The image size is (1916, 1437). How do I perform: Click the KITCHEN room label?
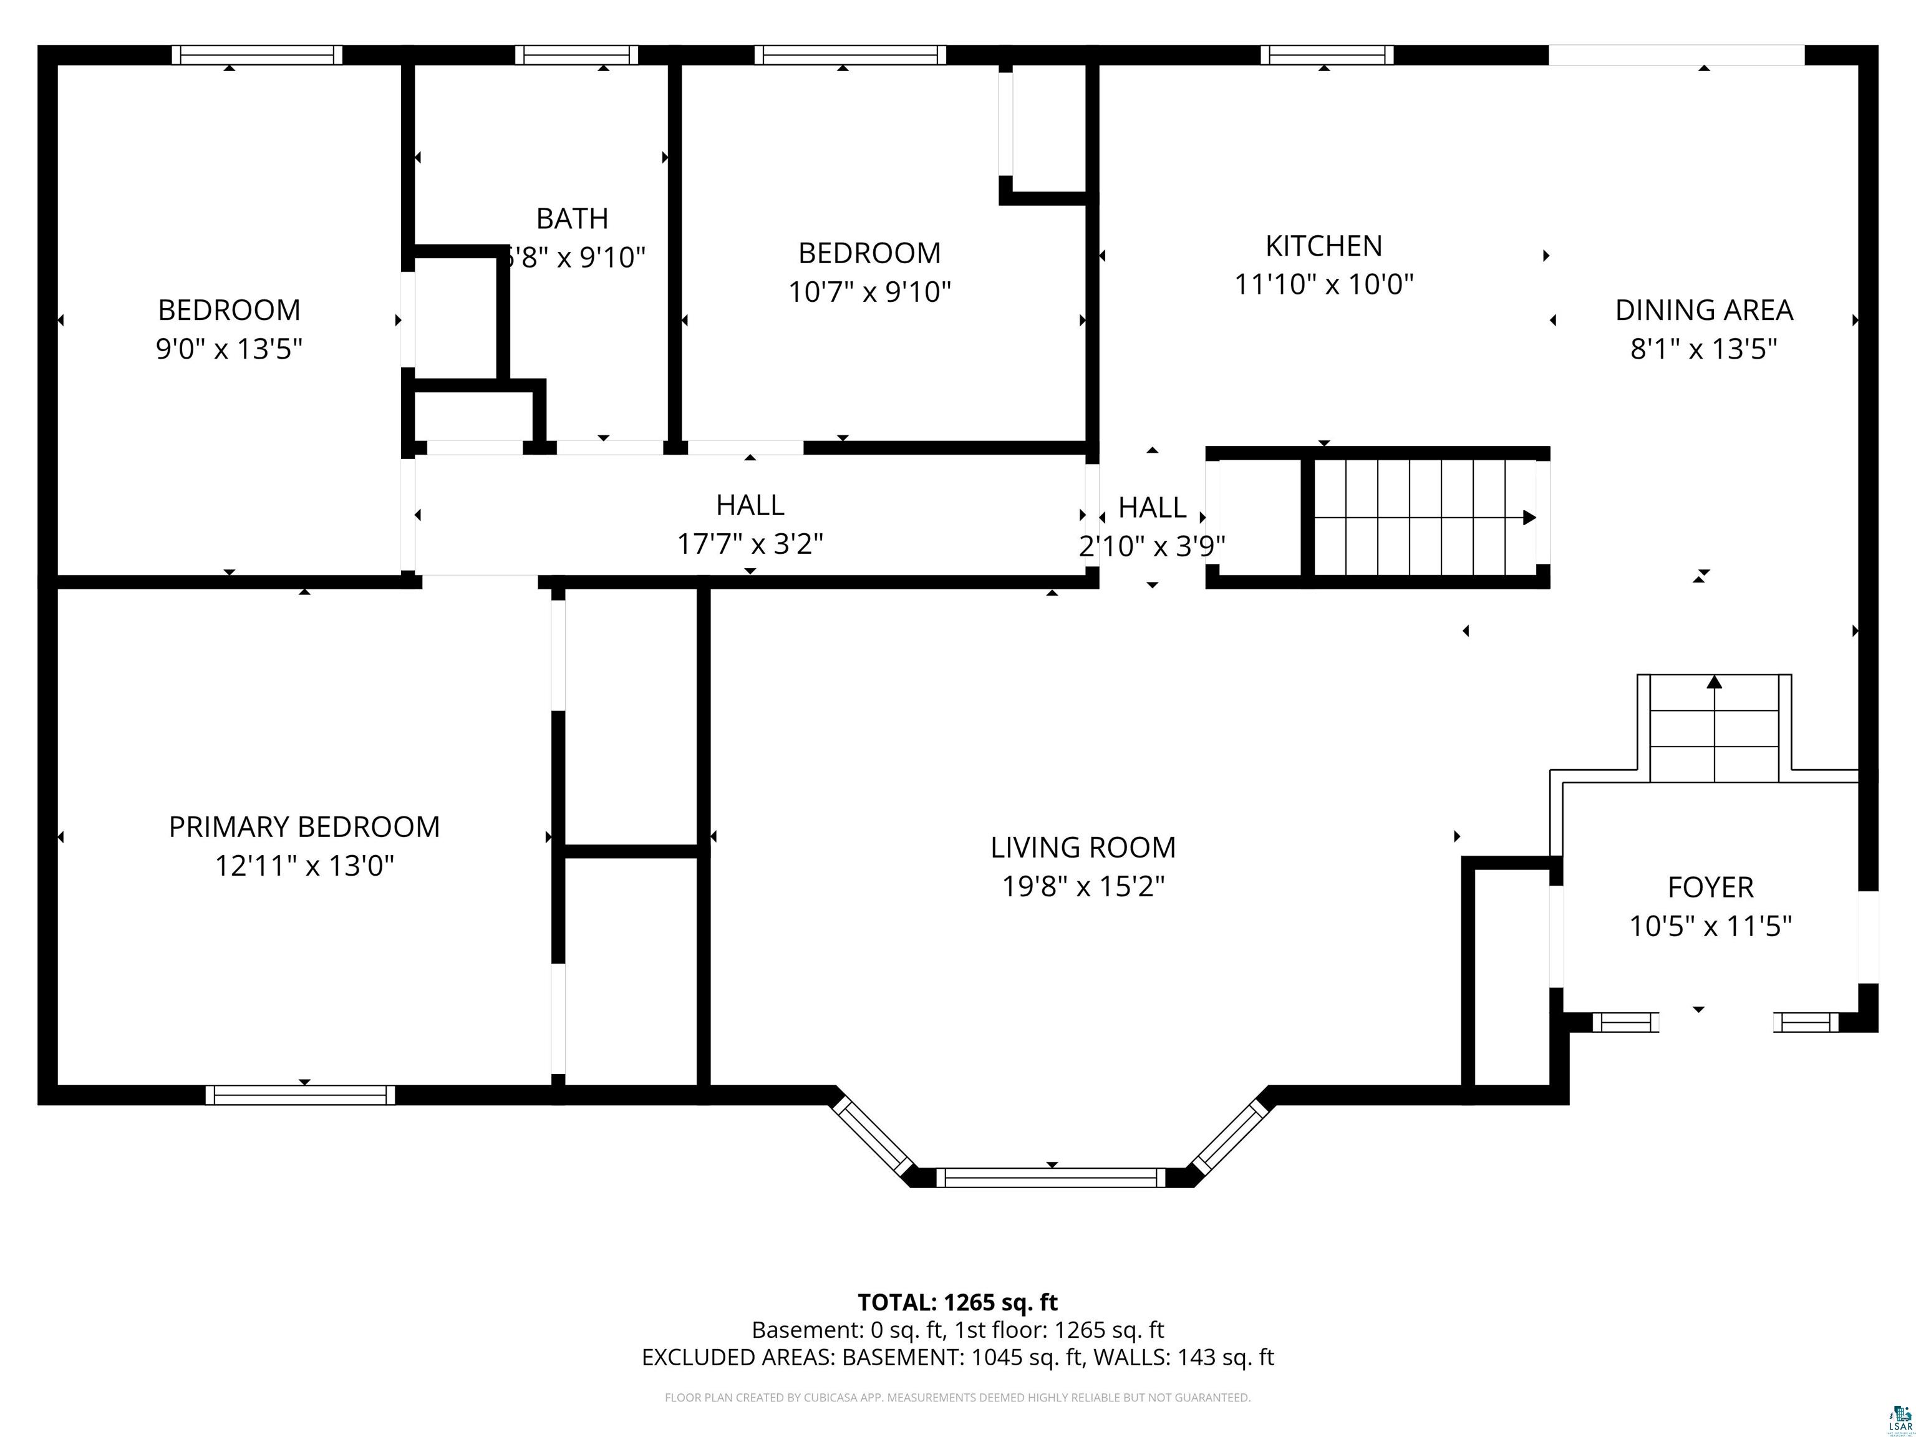pyautogui.click(x=1323, y=246)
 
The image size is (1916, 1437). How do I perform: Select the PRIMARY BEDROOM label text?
pyautogui.click(x=304, y=826)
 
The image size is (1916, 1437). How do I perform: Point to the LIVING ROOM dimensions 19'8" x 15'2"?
pyautogui.click(x=1083, y=886)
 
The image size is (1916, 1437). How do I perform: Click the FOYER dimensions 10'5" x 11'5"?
pyautogui.click(x=1710, y=926)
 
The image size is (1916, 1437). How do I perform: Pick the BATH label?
pyautogui.click(x=572, y=218)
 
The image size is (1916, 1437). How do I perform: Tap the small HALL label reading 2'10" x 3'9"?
pyautogui.click(x=1151, y=508)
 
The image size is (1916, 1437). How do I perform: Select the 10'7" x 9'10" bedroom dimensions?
pyautogui.click(x=869, y=292)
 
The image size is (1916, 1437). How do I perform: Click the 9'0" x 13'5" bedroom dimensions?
pyautogui.click(x=229, y=349)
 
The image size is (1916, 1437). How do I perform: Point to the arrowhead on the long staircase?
pyautogui.click(x=1529, y=518)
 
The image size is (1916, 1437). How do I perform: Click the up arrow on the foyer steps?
pyautogui.click(x=1713, y=682)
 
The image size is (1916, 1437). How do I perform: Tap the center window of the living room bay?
pyautogui.click(x=1051, y=1177)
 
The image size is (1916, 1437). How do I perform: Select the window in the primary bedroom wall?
pyautogui.click(x=300, y=1095)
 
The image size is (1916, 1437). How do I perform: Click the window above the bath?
pyautogui.click(x=576, y=54)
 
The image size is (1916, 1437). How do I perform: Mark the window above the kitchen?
pyautogui.click(x=1326, y=54)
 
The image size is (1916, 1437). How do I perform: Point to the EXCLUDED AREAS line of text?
pyautogui.click(x=957, y=1357)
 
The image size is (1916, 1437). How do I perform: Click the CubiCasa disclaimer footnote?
pyautogui.click(x=957, y=1397)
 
